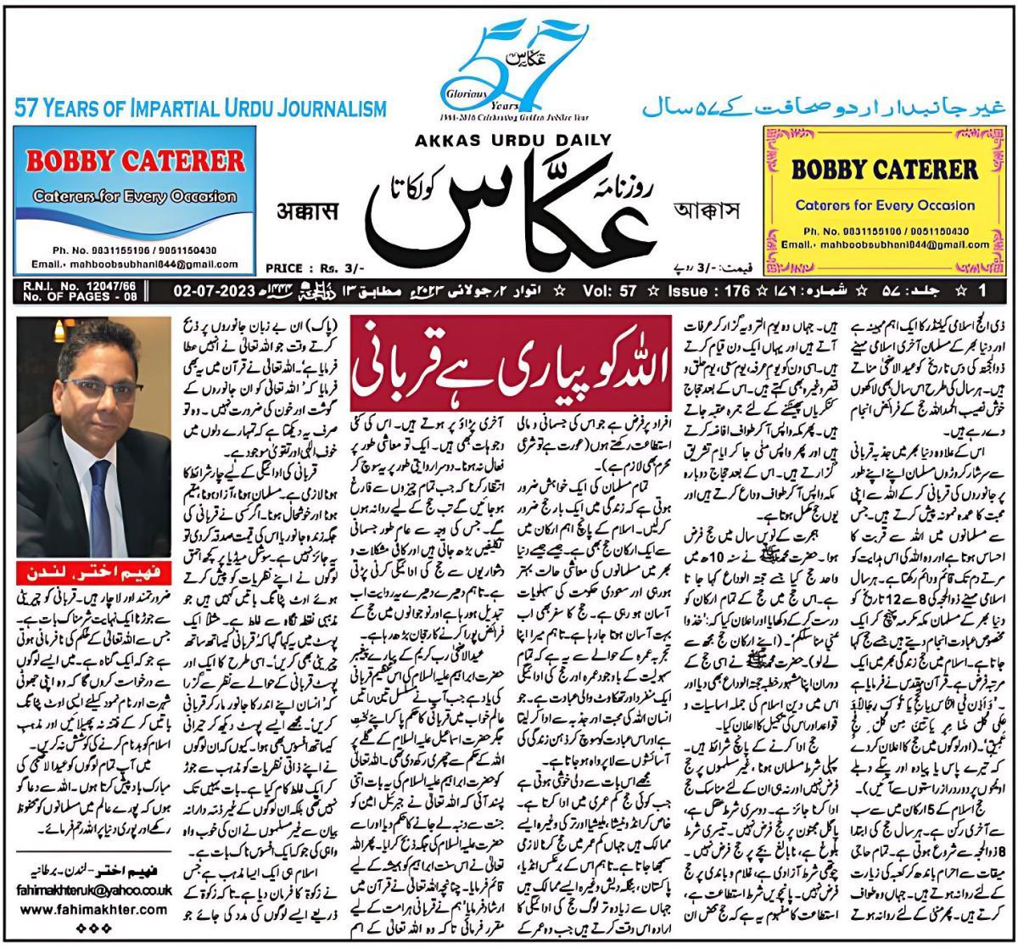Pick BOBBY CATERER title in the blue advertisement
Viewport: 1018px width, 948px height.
point(136,160)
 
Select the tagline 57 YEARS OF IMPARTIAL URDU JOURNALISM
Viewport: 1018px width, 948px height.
point(200,109)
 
